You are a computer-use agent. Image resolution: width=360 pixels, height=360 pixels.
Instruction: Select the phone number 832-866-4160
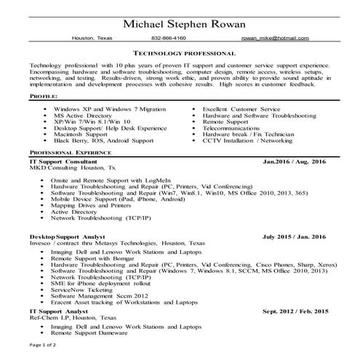pos(169,38)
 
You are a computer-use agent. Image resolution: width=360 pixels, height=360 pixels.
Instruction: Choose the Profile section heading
pos(47,97)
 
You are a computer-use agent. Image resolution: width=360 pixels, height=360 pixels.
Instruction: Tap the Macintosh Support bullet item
pos(79,134)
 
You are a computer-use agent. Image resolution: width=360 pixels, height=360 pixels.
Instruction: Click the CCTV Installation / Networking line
pos(247,140)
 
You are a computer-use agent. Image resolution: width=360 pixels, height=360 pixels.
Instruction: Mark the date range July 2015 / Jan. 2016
pos(294,237)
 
